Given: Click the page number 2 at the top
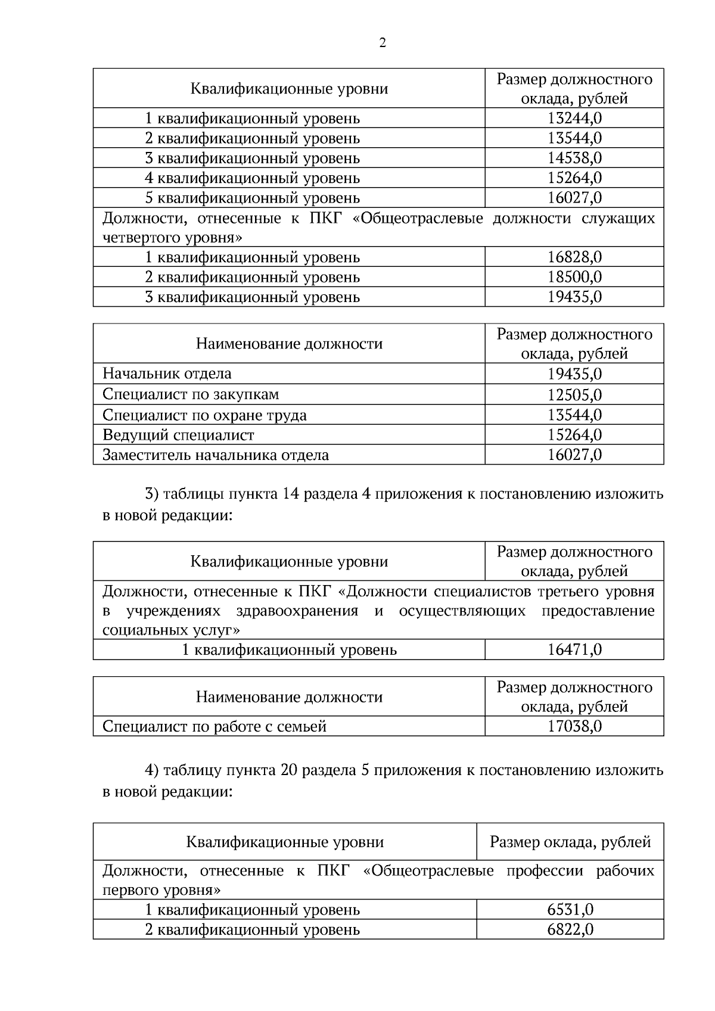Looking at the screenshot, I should pyautogui.click(x=382, y=43).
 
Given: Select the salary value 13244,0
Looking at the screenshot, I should pyautogui.click(x=574, y=118).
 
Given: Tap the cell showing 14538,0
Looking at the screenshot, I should pyautogui.click(x=574, y=158).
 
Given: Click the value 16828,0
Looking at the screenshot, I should pyautogui.click(x=574, y=257).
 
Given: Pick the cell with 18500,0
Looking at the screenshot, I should pyautogui.click(x=574, y=277).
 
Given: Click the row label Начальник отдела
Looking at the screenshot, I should pyautogui.click(x=167, y=374).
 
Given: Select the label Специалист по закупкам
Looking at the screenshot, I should pyautogui.click(x=191, y=394).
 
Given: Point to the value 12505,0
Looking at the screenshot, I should pyautogui.click(x=574, y=394).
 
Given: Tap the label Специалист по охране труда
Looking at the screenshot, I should pyautogui.click(x=204, y=415).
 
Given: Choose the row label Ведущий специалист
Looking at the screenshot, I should pyautogui.click(x=178, y=435).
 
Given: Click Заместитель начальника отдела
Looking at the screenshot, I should pyautogui.click(x=216, y=455).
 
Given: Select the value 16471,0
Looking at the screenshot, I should pyautogui.click(x=574, y=649).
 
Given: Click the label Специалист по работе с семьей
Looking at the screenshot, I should pyautogui.click(x=214, y=726).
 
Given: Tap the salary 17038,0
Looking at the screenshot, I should pyautogui.click(x=574, y=726).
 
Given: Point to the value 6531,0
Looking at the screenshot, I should pyautogui.click(x=570, y=910).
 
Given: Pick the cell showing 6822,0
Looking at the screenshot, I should pyautogui.click(x=570, y=929).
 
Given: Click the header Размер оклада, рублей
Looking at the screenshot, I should pyautogui.click(x=570, y=842).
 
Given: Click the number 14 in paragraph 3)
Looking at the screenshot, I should pyautogui.click(x=290, y=494).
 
